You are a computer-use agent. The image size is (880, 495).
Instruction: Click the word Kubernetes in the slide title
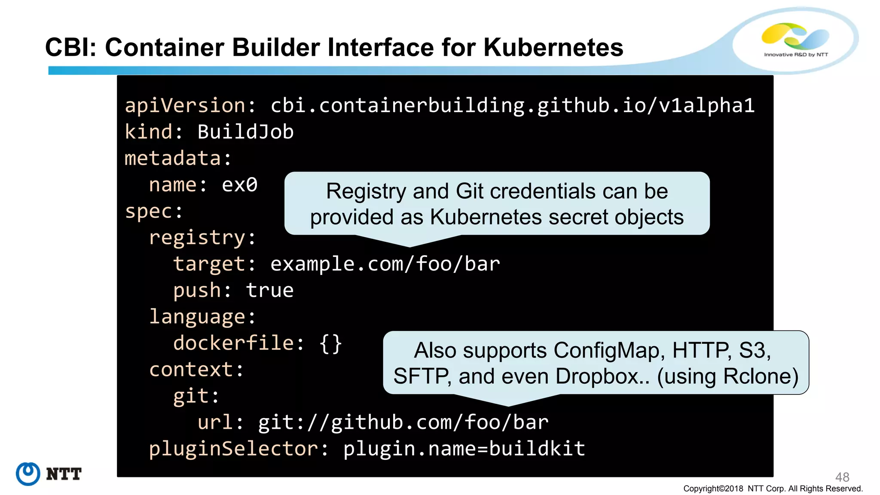pos(553,47)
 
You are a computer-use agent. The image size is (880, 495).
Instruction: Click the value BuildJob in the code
pos(245,132)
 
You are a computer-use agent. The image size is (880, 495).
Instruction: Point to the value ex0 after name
pos(239,185)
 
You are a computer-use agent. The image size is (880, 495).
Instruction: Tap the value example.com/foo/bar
pos(385,264)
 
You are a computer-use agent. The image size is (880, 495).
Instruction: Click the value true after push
pos(270,290)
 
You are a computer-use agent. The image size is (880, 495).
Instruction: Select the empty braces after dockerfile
pos(330,343)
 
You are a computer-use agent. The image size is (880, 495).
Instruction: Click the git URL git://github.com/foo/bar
pos(403,422)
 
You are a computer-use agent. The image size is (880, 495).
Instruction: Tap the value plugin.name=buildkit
pos(464,449)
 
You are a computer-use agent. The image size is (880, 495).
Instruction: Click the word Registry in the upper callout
pos(366,191)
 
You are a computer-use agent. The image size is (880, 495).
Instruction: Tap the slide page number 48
pos(842,477)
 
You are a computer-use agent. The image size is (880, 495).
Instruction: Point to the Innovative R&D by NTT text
pos(796,55)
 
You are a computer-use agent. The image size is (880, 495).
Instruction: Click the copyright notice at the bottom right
pos(773,489)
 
